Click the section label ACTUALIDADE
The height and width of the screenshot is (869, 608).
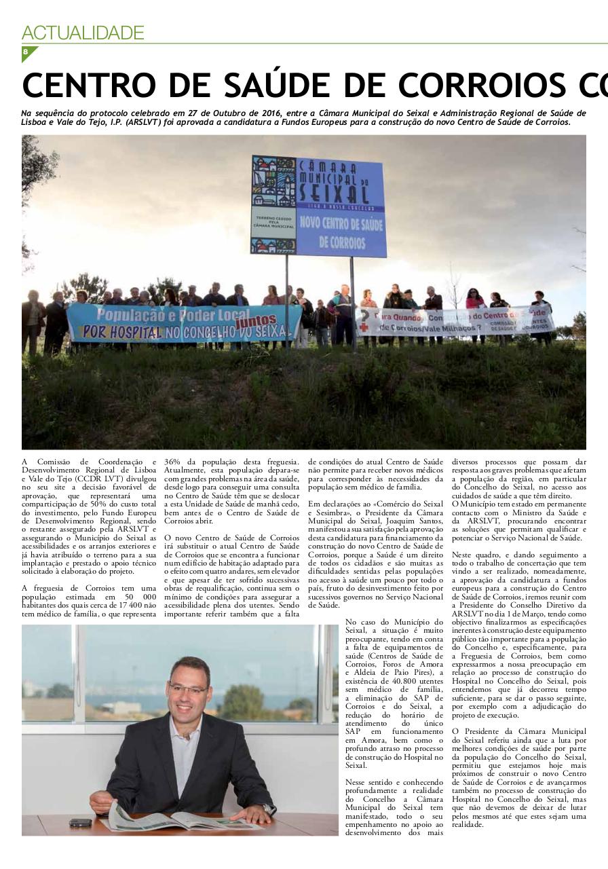click(83, 33)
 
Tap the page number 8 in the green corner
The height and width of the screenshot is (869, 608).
click(26, 52)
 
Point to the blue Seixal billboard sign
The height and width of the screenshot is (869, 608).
click(318, 206)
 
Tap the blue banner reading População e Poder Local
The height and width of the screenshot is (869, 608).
click(183, 322)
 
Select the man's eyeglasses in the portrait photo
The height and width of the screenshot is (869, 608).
click(187, 689)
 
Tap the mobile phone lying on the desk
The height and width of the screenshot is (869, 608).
click(81, 822)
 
